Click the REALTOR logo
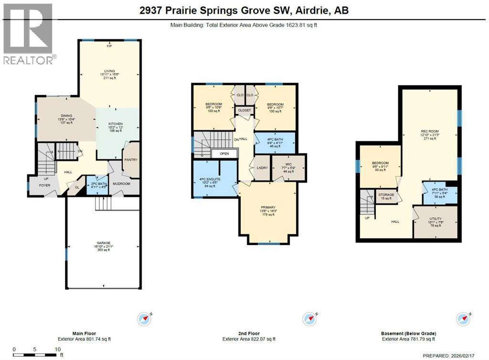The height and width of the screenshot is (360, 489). pyautogui.click(x=28, y=33)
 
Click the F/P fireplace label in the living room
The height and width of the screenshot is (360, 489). pyautogui.click(x=109, y=46)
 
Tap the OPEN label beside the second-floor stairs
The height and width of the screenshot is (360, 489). pyautogui.click(x=223, y=154)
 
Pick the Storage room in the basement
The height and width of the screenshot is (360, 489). pyautogui.click(x=386, y=195)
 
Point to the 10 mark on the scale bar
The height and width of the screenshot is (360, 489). pyautogui.click(x=58, y=349)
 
